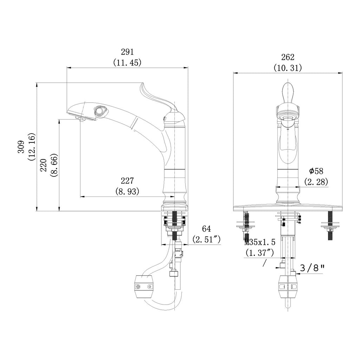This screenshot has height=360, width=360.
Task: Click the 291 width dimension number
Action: [127, 52]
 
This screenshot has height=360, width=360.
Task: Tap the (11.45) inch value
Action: [127, 63]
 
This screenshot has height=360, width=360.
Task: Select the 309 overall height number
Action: [21, 147]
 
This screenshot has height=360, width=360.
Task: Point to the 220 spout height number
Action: [43, 165]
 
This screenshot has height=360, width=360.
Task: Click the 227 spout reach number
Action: [127, 181]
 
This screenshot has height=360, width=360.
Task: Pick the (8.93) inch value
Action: [127, 191]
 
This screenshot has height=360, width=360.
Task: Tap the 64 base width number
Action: [206, 229]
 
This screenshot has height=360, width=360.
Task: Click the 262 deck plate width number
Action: [288, 57]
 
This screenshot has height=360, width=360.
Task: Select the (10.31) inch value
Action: [288, 68]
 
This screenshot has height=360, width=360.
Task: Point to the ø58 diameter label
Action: [316, 171]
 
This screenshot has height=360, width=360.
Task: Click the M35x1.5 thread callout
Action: [260, 242]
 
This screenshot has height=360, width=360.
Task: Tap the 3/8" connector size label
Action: [312, 268]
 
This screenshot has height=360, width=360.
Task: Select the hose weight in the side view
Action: [144, 287]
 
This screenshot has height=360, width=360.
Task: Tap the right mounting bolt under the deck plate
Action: [330, 226]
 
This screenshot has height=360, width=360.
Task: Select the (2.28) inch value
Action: [316, 182]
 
